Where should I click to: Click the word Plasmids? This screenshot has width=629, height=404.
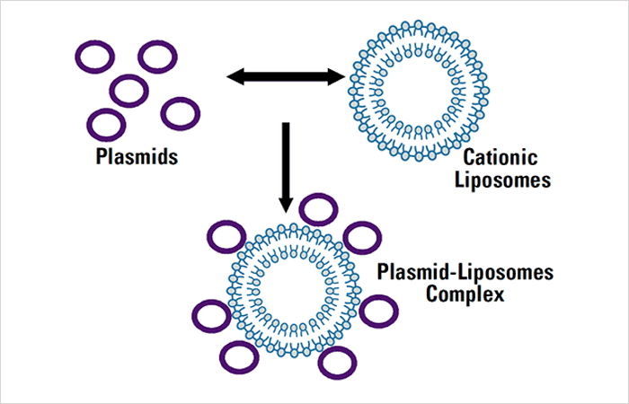(137, 157)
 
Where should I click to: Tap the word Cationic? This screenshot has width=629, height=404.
(501, 157)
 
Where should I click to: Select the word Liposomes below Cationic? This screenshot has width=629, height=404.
(502, 180)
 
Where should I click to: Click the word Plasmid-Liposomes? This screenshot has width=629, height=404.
(465, 273)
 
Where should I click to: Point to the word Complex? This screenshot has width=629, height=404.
(465, 295)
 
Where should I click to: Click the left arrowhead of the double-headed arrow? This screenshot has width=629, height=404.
(235, 76)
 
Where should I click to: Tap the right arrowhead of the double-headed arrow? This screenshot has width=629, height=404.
(336, 76)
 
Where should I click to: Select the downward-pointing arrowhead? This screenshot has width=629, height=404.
(286, 204)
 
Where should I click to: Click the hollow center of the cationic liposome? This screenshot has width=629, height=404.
(419, 91)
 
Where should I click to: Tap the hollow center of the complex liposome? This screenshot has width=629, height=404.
(293, 289)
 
